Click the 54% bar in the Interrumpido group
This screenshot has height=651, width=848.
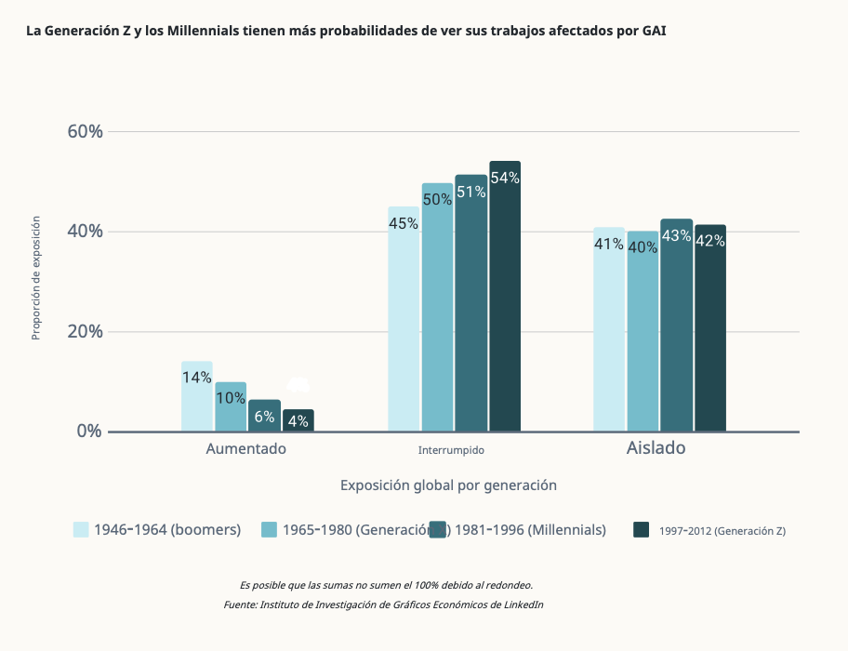click(x=505, y=298)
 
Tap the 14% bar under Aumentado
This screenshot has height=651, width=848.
click(x=197, y=397)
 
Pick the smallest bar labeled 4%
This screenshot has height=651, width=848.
click(x=298, y=421)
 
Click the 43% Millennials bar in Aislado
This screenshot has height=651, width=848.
click(x=677, y=325)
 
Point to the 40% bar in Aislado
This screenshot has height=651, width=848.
click(x=643, y=331)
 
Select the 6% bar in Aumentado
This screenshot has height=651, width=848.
click(x=264, y=417)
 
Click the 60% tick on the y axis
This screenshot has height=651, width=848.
click(x=85, y=131)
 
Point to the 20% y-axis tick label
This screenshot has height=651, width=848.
click(x=85, y=332)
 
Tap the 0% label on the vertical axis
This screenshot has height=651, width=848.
click(x=89, y=432)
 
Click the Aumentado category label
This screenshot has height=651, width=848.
click(x=246, y=448)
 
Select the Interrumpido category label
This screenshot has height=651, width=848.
click(x=451, y=450)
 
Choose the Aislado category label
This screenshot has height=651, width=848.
click(x=656, y=447)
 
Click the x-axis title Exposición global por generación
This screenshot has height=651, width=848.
click(x=448, y=485)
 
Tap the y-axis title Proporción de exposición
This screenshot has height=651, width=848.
click(x=36, y=278)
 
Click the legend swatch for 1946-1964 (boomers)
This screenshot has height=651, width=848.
click(x=81, y=530)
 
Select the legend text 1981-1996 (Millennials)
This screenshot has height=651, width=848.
click(x=531, y=530)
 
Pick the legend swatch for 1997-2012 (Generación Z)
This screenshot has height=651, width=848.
click(x=641, y=530)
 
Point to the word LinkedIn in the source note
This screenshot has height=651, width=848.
click(x=521, y=604)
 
